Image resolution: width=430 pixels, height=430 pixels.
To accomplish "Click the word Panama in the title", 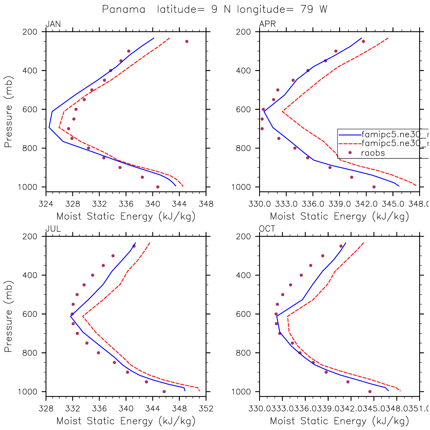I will click(124, 9).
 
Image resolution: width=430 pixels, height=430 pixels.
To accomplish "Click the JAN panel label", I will click(53, 24).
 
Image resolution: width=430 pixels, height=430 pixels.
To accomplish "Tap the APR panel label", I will click(267, 24).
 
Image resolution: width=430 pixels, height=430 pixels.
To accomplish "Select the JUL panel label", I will click(53, 229).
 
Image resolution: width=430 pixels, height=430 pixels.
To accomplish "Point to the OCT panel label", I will click(267, 229).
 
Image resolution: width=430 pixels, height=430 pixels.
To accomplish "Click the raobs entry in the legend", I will click(373, 153).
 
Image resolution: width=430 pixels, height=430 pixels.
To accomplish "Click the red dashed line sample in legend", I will click(350, 143).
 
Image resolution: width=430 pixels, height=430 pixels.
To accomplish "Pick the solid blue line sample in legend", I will click(350, 134).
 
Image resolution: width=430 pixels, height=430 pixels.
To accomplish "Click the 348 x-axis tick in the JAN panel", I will click(206, 204).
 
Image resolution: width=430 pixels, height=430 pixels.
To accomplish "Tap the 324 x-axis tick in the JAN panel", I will click(46, 204).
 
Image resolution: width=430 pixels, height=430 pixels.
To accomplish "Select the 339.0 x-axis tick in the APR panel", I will click(339, 204).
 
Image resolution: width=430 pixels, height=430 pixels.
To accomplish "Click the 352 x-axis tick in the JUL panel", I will click(206, 409).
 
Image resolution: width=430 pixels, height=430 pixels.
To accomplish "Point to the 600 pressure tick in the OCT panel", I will click(243, 314).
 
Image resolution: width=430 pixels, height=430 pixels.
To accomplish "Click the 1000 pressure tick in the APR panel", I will click(241, 187).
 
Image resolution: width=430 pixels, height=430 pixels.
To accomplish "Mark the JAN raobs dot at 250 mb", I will click(187, 42).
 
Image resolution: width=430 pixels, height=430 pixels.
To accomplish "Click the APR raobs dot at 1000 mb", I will click(374, 187).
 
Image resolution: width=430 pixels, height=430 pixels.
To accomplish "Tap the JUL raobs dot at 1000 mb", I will click(164, 392).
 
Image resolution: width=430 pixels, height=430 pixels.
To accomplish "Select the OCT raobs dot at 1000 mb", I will click(370, 392).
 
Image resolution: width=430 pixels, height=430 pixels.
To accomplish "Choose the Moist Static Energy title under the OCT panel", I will click(339, 421).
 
